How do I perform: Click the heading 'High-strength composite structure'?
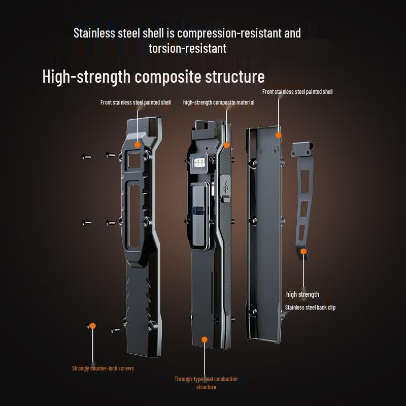153,77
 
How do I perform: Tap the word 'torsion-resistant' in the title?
187,48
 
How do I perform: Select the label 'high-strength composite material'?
219,103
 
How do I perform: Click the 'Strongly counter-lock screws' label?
103,368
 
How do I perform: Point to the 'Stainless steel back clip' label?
310,308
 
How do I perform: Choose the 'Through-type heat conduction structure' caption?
206,383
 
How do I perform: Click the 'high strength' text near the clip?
302,294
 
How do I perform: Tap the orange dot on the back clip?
303,251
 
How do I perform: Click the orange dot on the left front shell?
137,145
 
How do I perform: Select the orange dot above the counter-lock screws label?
92,326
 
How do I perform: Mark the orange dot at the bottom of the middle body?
205,340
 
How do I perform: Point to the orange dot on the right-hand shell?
278,135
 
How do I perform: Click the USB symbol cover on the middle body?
226,187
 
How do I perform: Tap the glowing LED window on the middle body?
199,162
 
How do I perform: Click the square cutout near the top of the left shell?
134,161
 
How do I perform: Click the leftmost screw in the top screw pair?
86,157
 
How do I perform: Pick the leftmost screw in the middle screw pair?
86,222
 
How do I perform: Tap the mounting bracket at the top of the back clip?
302,150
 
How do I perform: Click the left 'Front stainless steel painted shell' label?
136,103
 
